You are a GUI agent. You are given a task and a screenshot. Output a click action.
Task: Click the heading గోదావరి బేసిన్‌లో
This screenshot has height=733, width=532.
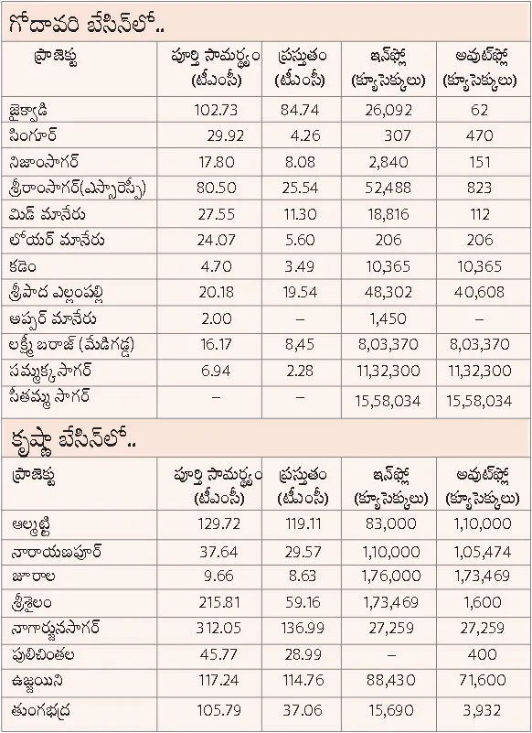87,24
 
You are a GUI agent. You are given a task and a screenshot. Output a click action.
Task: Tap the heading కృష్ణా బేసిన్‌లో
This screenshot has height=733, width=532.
72,439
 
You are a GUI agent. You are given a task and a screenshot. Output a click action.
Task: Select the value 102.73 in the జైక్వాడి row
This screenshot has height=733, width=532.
216,110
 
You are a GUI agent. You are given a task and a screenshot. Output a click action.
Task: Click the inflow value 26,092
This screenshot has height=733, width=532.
388,111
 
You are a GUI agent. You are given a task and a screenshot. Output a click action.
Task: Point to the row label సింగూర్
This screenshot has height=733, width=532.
33,136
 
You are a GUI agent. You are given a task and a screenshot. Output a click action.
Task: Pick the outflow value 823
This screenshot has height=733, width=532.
479,188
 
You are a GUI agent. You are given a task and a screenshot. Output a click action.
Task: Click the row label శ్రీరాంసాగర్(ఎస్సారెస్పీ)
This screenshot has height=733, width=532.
78,189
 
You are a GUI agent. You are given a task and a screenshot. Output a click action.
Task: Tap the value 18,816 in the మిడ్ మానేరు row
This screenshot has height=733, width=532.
388,214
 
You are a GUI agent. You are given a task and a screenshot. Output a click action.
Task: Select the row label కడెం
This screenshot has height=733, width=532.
23,266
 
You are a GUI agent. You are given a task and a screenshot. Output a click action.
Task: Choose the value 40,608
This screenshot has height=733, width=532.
479,292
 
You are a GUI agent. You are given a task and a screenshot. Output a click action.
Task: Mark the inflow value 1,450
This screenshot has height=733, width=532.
388,318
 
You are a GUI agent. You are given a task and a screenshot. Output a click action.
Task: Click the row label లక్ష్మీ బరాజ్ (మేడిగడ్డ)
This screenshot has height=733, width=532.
71,345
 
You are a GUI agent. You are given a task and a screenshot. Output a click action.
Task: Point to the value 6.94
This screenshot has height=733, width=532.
216,371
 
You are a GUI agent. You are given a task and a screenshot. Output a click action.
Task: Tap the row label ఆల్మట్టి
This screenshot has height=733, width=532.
31,526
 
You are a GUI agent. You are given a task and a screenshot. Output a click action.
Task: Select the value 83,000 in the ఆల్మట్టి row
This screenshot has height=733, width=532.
391,523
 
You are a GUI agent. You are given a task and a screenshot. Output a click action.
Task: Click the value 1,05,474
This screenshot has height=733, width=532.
482,552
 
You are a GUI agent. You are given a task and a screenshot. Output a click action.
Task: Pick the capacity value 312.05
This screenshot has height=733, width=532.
218,628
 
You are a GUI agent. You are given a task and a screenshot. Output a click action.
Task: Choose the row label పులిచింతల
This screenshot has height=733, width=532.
43,654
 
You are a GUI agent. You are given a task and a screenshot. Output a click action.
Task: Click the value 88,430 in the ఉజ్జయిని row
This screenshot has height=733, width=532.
391,679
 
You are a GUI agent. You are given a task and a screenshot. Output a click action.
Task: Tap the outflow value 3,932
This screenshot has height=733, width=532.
482,710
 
